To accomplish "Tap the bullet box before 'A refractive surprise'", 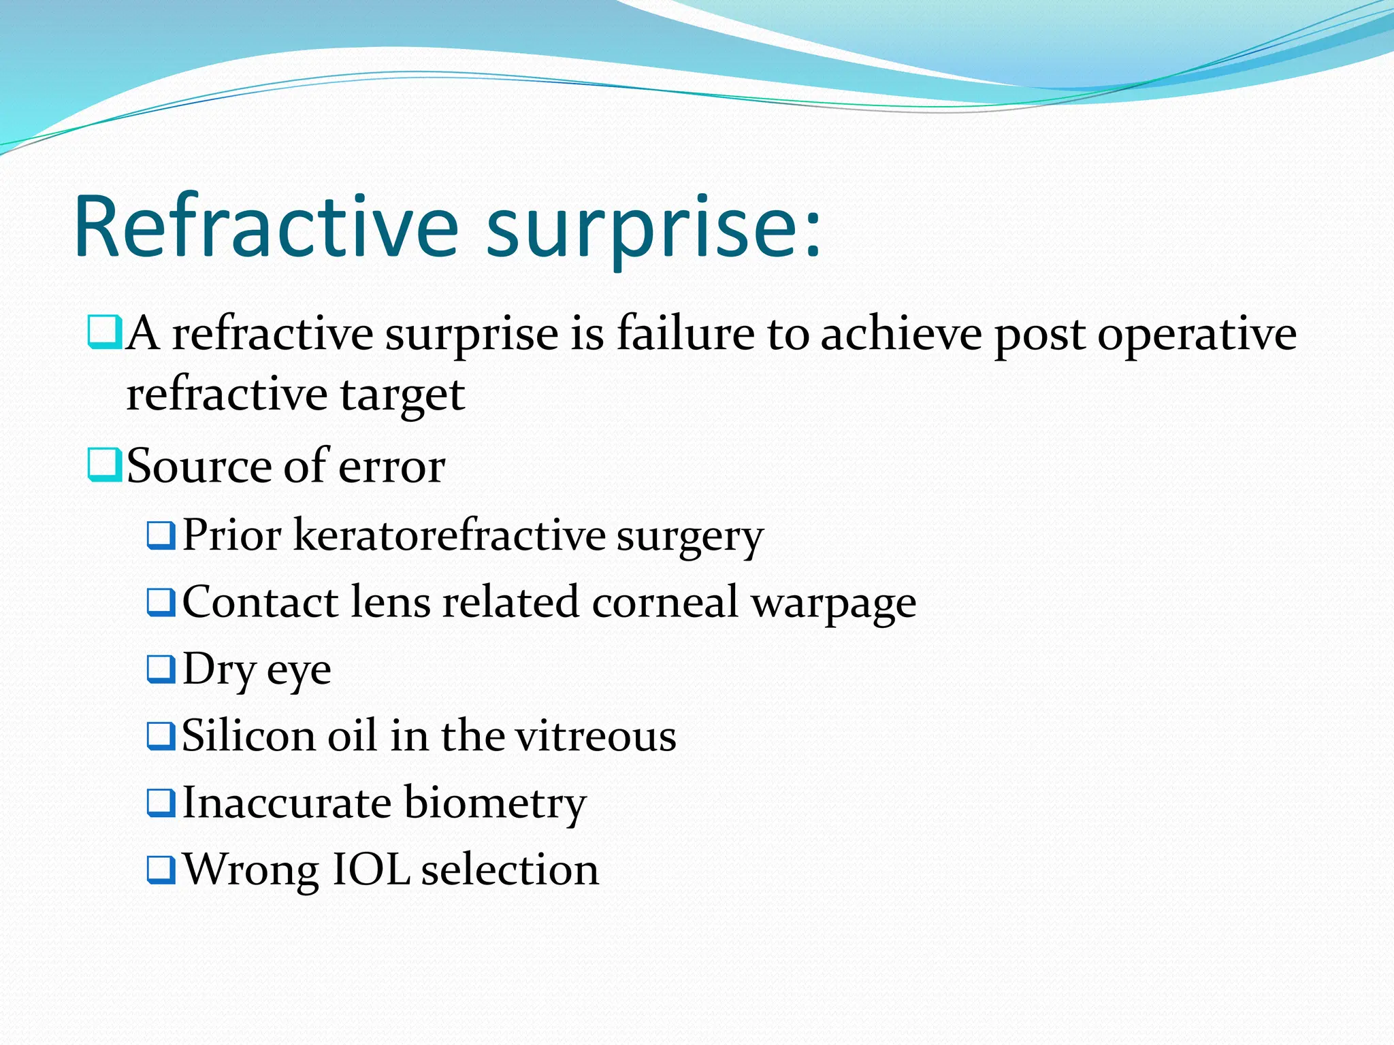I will [x=105, y=332].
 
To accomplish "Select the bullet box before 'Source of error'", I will [x=105, y=465].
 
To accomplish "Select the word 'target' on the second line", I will [x=402, y=395].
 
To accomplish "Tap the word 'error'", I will [x=391, y=468].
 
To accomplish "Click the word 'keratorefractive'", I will [x=449, y=535].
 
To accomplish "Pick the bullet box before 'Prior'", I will [x=161, y=535].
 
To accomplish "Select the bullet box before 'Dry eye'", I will [x=161, y=669].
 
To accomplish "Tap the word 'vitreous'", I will [x=595, y=737].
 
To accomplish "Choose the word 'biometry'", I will [x=495, y=803].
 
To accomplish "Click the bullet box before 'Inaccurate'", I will [x=161, y=802].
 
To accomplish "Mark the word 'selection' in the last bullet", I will [x=510, y=869].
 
